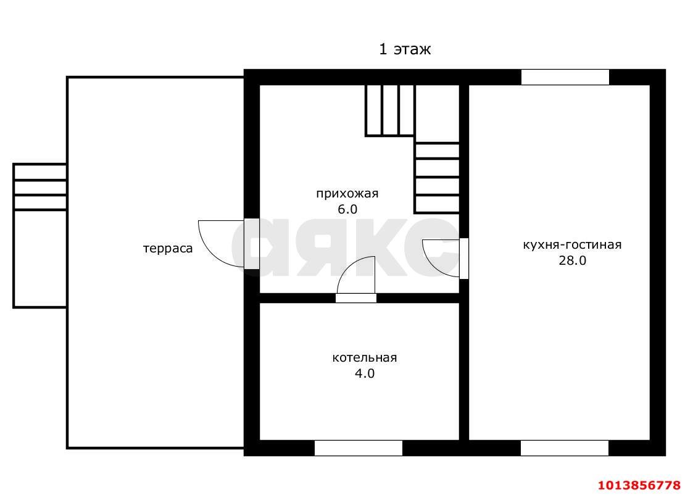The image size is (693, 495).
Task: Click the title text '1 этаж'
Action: [404, 49]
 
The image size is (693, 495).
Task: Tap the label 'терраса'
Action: [168, 249]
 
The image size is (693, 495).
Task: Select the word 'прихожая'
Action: [347, 194]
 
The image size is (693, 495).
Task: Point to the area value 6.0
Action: [347, 209]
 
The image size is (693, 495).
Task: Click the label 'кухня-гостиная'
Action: [572, 245]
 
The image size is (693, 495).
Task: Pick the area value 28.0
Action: [572, 260]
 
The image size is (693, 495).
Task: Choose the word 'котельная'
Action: [365, 357]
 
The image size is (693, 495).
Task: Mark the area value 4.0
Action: [365, 373]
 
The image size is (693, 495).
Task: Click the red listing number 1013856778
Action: [639, 485]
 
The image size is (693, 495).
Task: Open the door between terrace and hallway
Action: [252, 244]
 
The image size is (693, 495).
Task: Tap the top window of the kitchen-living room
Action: [565, 77]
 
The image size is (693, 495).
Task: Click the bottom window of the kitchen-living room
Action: [565, 448]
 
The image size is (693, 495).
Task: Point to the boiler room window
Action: [359, 448]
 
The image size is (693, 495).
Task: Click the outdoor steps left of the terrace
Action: [39, 187]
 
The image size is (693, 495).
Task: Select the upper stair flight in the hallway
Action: [390, 110]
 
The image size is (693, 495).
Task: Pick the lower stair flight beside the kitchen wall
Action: [437, 178]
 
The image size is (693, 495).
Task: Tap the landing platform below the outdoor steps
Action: [40, 259]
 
